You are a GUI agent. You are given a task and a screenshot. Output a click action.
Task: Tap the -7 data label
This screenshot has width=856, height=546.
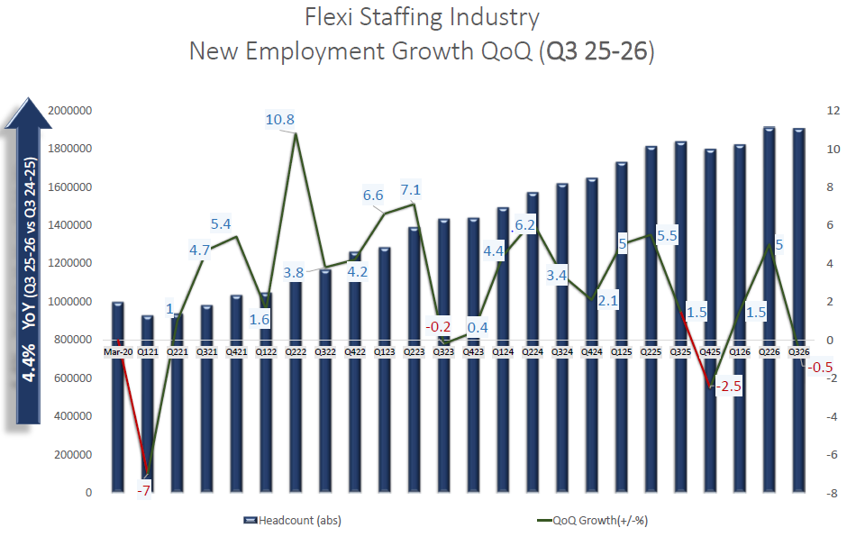[x=143, y=490]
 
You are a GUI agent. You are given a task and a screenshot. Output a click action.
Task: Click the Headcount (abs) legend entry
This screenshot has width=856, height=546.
[x=293, y=521]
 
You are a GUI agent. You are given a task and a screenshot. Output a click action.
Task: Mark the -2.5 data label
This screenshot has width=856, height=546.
[x=728, y=387]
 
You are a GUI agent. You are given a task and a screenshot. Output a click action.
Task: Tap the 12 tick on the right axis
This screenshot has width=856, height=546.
[x=822, y=110]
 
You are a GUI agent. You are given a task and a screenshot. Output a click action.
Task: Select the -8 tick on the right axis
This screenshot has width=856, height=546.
[x=821, y=493]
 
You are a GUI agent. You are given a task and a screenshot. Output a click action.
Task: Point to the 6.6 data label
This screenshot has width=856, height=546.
[x=373, y=196]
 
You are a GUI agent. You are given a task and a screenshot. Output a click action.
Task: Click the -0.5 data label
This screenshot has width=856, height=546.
[x=820, y=367]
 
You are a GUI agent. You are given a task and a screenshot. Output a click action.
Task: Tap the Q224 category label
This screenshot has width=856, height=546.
[x=532, y=351]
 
